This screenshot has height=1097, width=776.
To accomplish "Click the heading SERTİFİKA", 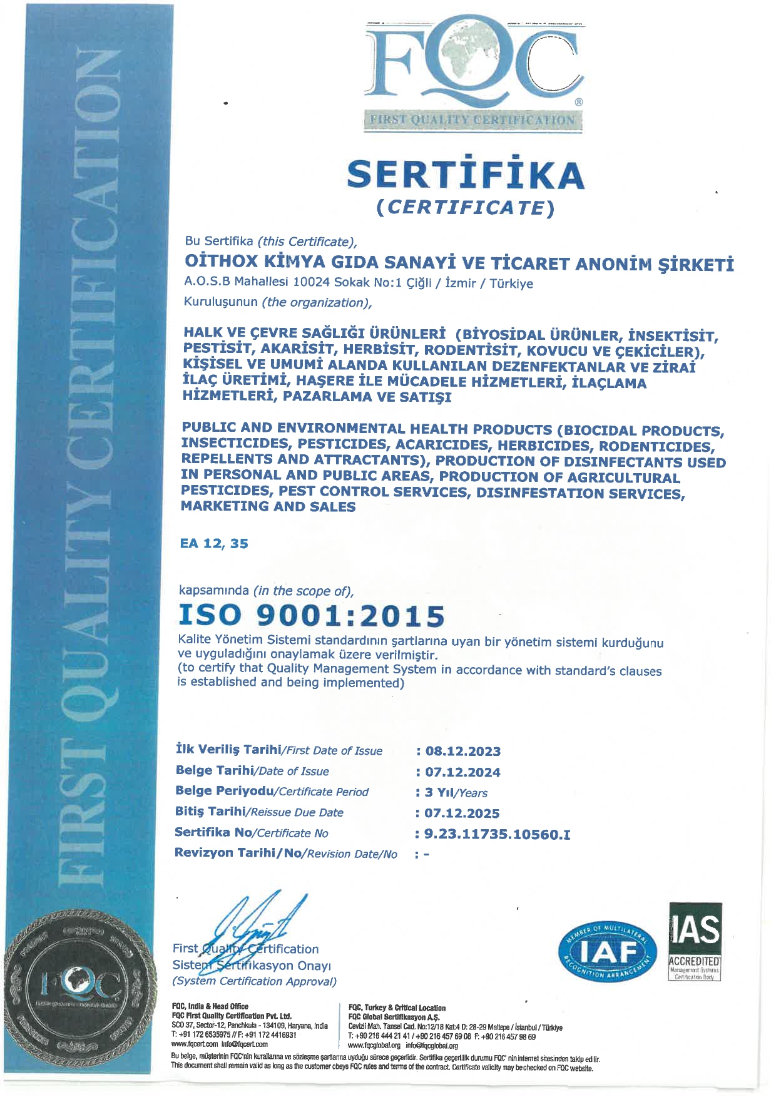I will (x=466, y=175).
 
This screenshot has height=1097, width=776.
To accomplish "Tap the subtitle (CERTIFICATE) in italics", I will (x=466, y=207).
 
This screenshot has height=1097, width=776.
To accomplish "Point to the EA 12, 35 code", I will (x=214, y=543).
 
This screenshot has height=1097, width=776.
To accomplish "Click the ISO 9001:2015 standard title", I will (x=312, y=615).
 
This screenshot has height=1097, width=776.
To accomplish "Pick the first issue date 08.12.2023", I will (x=462, y=751).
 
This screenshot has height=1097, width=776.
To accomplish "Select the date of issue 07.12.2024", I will (x=462, y=772).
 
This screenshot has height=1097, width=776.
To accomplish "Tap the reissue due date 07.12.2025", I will (x=462, y=813).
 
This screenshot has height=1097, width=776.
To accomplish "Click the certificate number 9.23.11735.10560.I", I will (x=497, y=834).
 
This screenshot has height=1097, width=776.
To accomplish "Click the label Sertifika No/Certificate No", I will (x=251, y=833).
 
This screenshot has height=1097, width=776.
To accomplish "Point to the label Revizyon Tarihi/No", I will (x=285, y=854).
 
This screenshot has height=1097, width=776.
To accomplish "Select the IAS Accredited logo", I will (x=695, y=941).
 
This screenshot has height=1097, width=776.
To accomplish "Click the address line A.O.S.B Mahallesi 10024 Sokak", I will (x=358, y=283).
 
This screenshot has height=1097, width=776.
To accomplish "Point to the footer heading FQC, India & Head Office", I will (x=210, y=1007).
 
